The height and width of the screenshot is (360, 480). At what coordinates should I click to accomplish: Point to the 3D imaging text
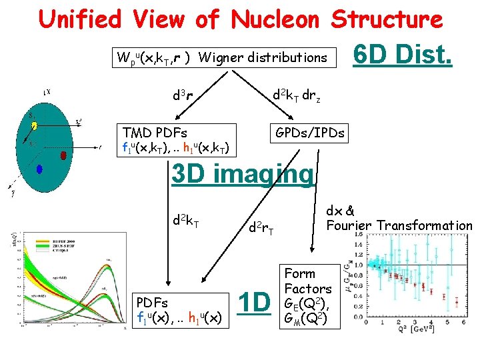tap(242, 174)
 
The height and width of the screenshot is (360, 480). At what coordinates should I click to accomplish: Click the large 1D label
tap(254, 302)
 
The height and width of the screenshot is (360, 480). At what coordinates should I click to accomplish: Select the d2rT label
tap(261, 229)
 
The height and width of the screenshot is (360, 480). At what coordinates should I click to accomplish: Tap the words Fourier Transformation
tap(399, 225)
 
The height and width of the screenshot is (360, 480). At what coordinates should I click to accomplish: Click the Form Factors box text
tap(307, 281)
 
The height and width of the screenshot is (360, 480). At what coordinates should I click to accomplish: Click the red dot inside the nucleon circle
tap(63, 155)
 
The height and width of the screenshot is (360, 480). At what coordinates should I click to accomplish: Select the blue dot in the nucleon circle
tap(39, 169)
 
